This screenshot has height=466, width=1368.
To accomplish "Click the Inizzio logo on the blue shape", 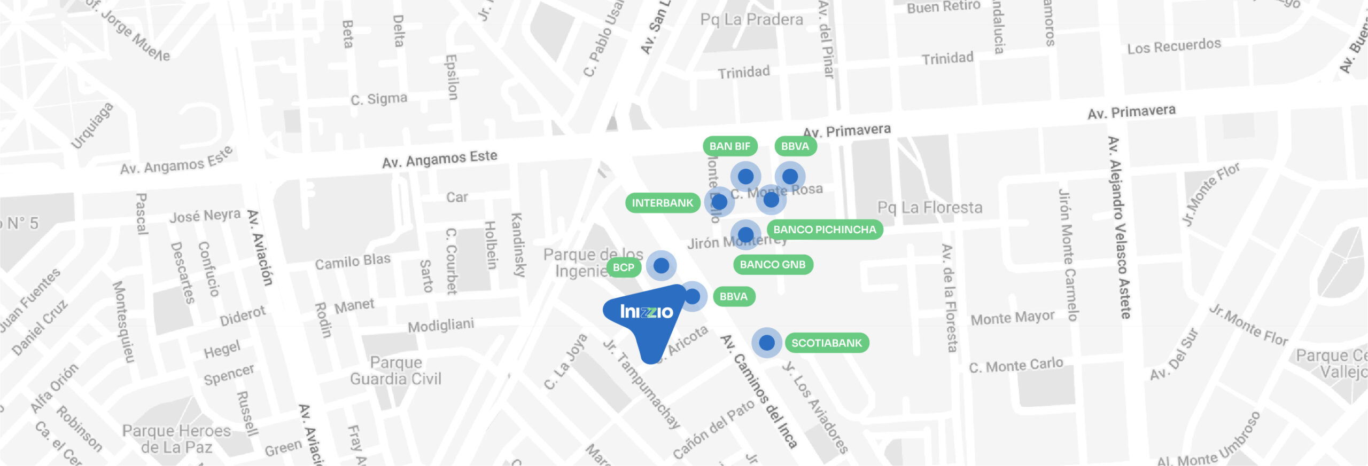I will tap(646, 311).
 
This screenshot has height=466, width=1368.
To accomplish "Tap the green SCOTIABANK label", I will tap(827, 343).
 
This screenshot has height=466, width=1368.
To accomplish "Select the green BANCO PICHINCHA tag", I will tap(825, 230).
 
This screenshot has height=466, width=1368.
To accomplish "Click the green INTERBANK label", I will tap(662, 203).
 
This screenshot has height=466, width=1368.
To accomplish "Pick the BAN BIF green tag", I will tap(729, 146).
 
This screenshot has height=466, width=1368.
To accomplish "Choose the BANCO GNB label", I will tap(772, 264).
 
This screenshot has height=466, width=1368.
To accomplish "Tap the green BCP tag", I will tap(623, 267).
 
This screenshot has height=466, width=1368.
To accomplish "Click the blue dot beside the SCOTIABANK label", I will tap(767, 342).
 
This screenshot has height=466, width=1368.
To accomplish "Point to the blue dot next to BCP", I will tap(661, 265).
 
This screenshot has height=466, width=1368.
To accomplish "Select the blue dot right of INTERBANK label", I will tap(719, 202).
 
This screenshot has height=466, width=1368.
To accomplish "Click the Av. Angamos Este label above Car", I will tap(439, 159).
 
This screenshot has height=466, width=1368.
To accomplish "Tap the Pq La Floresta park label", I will tap(930, 207).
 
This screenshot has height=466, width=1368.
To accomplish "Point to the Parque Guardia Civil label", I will tap(396, 370).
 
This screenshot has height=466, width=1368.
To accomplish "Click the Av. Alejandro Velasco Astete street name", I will tap(1119, 227).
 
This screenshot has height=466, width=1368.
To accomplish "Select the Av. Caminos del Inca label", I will tap(759, 391).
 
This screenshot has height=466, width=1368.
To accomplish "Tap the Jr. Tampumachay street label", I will tap(641, 383).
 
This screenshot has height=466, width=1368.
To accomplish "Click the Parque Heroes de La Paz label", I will tap(176, 438).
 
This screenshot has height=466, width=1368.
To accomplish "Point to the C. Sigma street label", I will tap(379, 99).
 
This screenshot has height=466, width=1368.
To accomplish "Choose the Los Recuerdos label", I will tap(1174, 46).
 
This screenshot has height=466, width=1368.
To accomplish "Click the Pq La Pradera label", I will tap(751, 20).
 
